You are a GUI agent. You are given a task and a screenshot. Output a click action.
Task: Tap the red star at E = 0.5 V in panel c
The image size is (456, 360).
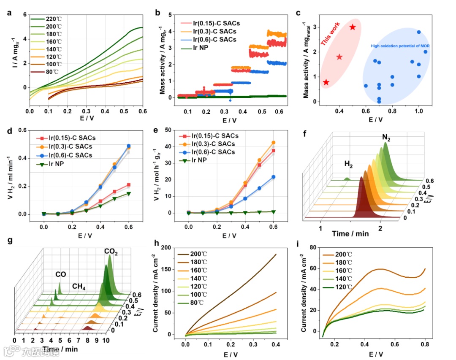tap(353, 27)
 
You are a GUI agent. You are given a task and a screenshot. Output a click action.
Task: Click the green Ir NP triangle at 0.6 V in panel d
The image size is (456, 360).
tap(128, 194)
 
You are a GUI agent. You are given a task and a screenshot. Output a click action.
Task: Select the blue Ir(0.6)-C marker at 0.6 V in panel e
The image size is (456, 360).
tap(273, 177)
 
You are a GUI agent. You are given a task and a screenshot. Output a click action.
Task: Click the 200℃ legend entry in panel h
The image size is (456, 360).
tap(198, 254)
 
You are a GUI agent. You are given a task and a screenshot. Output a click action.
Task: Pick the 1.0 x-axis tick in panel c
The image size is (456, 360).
tap(418, 111)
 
